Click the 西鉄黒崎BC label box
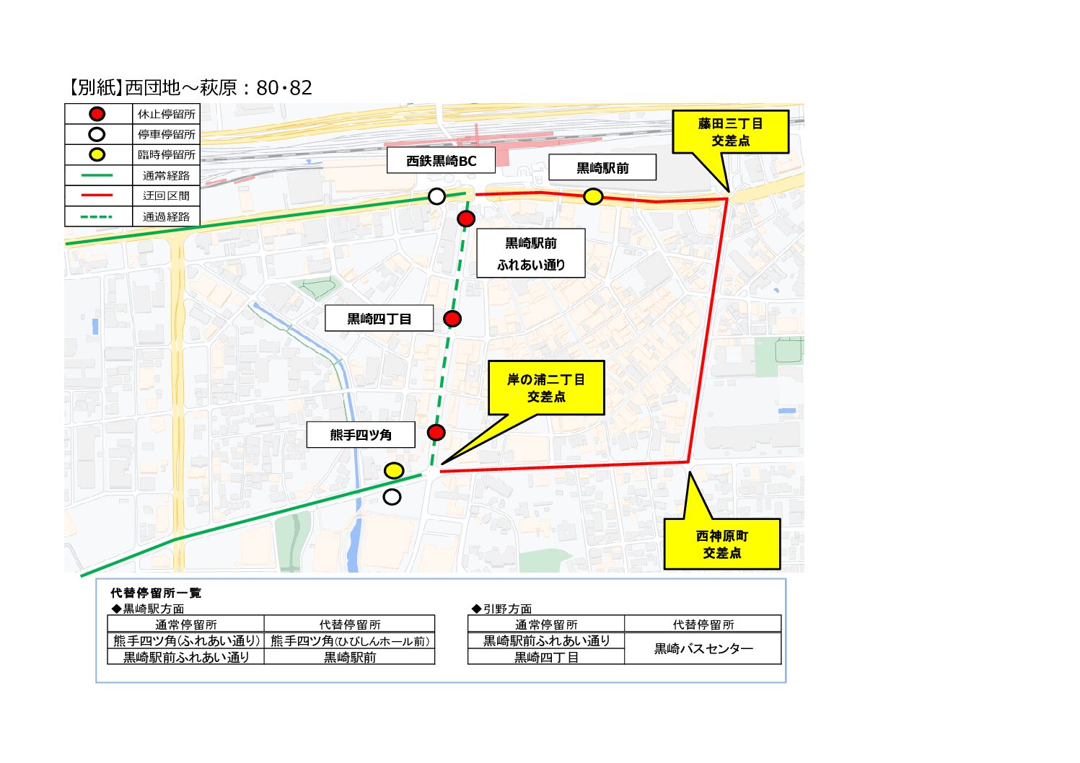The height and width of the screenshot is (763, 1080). tap(441, 161)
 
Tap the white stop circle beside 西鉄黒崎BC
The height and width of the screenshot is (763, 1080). tap(436, 196)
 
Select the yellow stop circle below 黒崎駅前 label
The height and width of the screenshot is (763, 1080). tap(593, 196)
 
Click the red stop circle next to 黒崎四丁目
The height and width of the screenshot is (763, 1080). tap(452, 319)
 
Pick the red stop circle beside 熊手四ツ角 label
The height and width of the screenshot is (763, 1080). tap(436, 433)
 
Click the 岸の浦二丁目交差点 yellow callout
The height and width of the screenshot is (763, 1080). tap(546, 388)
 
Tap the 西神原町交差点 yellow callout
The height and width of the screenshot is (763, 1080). tap(721, 544)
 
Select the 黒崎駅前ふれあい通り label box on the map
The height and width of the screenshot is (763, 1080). tap(530, 254)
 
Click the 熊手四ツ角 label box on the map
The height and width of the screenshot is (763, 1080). tap(361, 435)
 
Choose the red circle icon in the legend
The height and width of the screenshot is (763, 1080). tap(97, 114)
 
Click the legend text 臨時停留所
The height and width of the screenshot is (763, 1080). tap(167, 155)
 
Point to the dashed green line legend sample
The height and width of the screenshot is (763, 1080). tap(97, 216)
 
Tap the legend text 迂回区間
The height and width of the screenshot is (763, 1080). tap(167, 196)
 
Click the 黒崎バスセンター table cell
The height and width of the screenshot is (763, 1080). tap(703, 649)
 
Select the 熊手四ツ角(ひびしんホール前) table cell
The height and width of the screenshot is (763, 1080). tap(350, 641)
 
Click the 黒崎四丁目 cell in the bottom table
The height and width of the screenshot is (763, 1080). tap(546, 658)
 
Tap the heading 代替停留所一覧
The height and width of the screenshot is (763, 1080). tap(156, 594)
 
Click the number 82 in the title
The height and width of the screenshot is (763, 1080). tap(300, 88)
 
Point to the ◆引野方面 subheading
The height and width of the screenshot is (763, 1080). tap(502, 609)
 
